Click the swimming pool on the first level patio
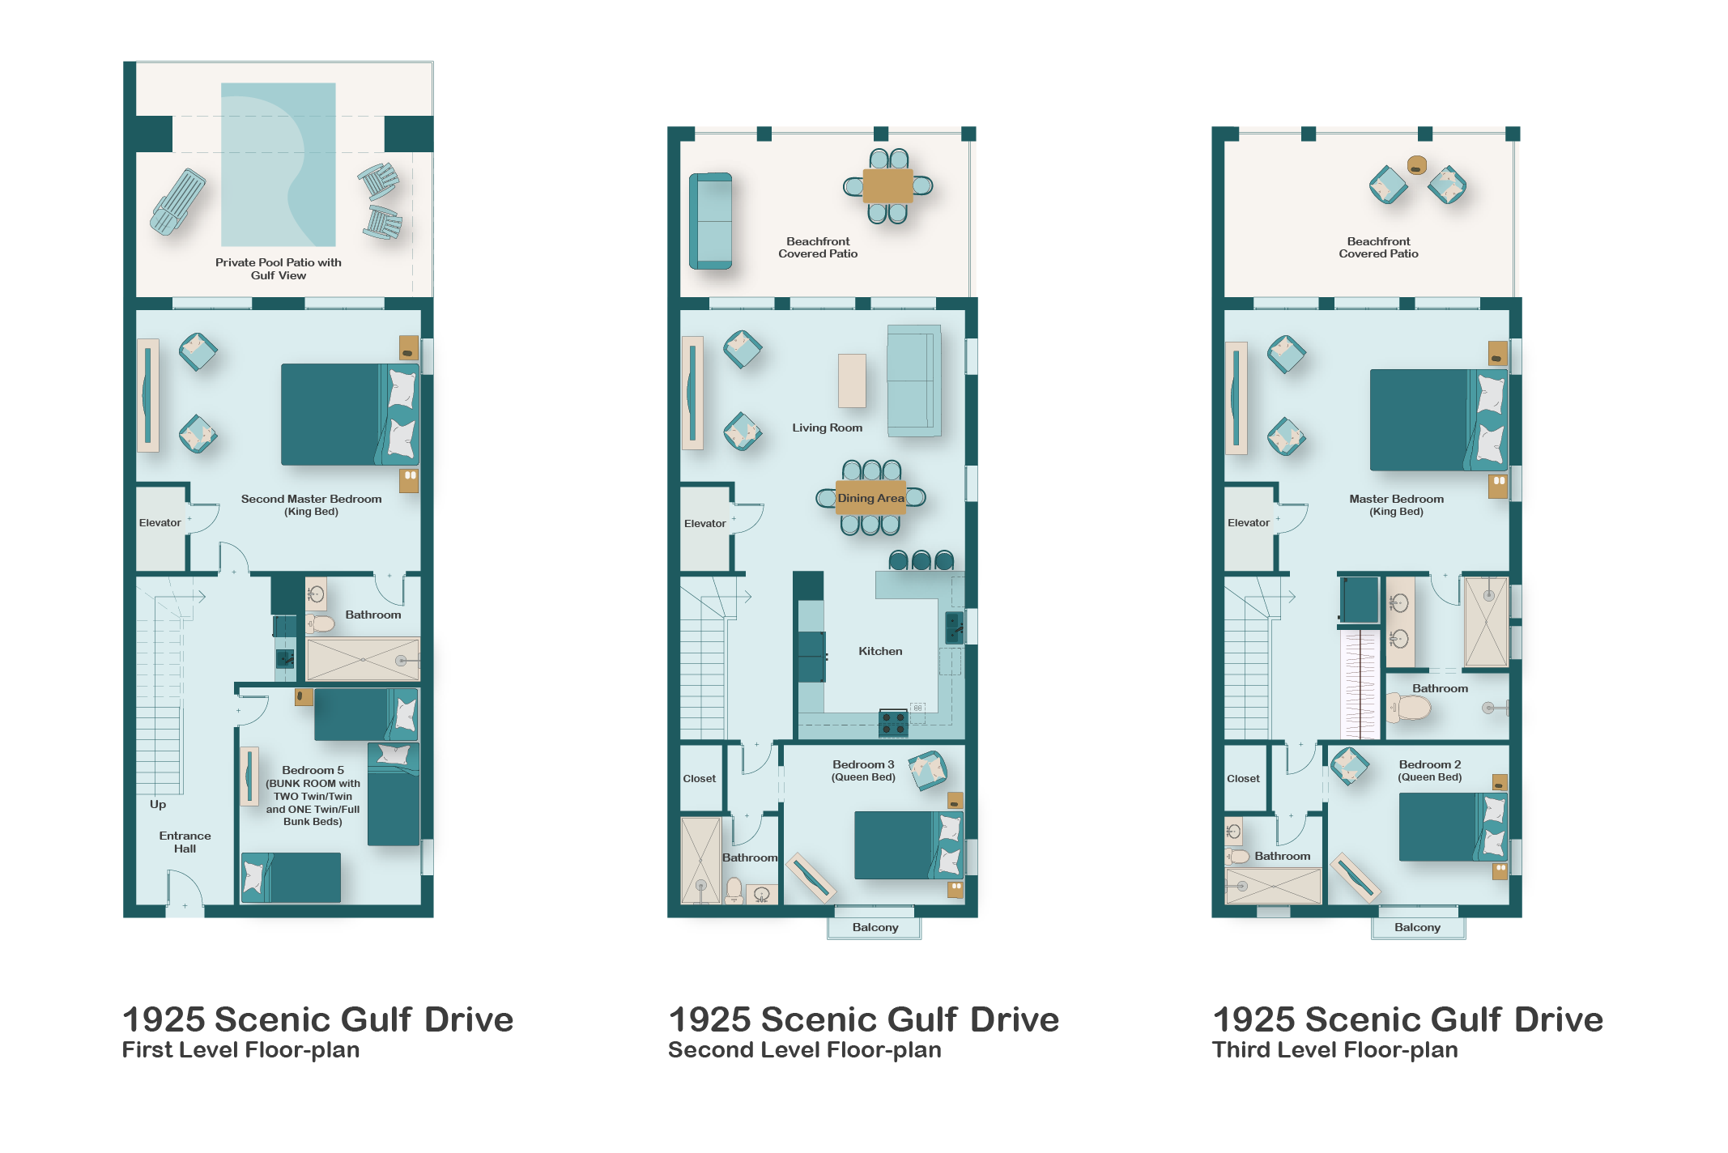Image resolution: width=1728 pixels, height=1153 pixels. tap(279, 164)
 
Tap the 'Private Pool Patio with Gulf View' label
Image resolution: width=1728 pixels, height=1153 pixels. tap(279, 269)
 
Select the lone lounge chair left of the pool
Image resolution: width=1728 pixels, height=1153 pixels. tap(177, 202)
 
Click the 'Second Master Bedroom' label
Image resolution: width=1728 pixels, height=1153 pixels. tap(312, 499)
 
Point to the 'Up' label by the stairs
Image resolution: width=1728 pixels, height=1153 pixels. tap(158, 804)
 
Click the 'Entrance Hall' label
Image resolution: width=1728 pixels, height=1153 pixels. tap(185, 842)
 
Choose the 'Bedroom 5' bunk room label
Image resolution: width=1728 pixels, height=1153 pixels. tap(313, 770)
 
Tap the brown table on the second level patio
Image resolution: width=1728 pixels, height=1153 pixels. tap(887, 186)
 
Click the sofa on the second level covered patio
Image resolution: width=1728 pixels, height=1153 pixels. tap(710, 221)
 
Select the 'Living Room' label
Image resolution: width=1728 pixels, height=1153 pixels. tap(828, 428)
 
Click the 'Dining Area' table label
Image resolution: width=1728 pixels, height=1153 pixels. tap(870, 498)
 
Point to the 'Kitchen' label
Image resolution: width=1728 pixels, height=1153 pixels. tap(880, 651)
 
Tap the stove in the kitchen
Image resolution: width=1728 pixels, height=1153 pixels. tap(893, 723)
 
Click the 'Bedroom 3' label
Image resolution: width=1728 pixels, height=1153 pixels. tap(863, 764)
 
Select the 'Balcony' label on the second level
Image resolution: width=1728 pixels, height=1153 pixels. tap(875, 927)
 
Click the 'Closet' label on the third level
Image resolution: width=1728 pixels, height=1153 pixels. tap(1243, 778)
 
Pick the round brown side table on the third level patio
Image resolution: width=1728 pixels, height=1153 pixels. tap(1416, 165)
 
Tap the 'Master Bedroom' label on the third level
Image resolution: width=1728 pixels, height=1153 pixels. tap(1396, 499)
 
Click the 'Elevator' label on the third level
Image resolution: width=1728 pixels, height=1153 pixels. tap(1249, 522)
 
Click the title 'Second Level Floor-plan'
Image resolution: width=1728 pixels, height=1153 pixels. tap(804, 1049)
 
